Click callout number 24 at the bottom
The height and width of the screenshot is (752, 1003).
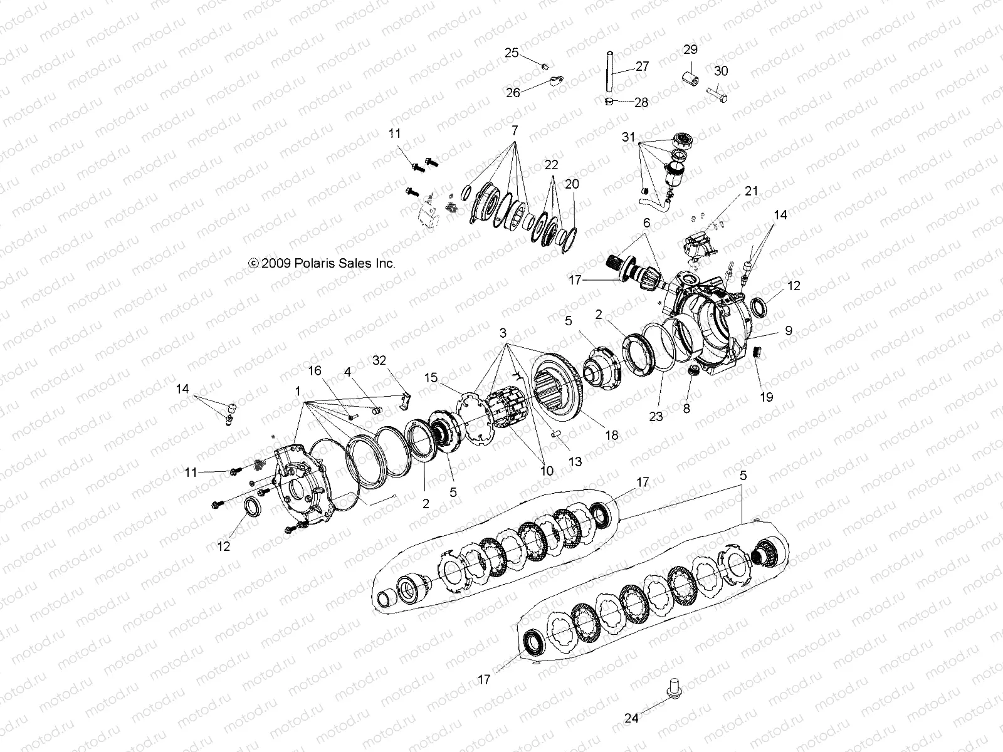point(632,718)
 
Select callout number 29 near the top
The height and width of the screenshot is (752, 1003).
point(690,50)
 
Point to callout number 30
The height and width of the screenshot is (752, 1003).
point(721,71)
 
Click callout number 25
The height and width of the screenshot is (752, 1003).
point(512,53)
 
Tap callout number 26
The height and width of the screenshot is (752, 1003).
point(513,93)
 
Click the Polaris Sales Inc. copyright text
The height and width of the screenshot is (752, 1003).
point(322,264)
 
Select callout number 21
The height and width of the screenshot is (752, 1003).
point(752,191)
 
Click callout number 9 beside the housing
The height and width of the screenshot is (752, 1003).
point(789,331)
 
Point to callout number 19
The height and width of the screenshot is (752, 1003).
point(767,397)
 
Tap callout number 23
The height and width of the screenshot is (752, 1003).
point(656,416)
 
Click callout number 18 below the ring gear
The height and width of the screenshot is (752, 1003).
point(612,435)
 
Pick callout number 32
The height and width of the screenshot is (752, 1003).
point(380,360)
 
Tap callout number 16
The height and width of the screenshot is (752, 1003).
point(315,370)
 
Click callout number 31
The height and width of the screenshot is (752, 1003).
point(629,137)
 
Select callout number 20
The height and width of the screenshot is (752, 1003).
point(572,184)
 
